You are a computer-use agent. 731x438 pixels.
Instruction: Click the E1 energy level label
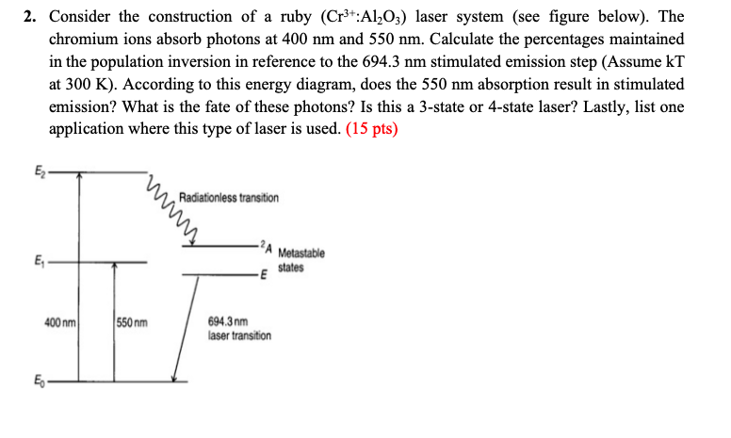point(40,261)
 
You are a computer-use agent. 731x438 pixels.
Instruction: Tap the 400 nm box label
point(59,323)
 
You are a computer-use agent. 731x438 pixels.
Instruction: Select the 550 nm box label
point(132,323)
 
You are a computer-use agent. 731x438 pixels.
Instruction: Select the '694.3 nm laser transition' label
point(238,329)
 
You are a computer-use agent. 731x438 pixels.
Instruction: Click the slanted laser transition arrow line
point(182,330)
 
